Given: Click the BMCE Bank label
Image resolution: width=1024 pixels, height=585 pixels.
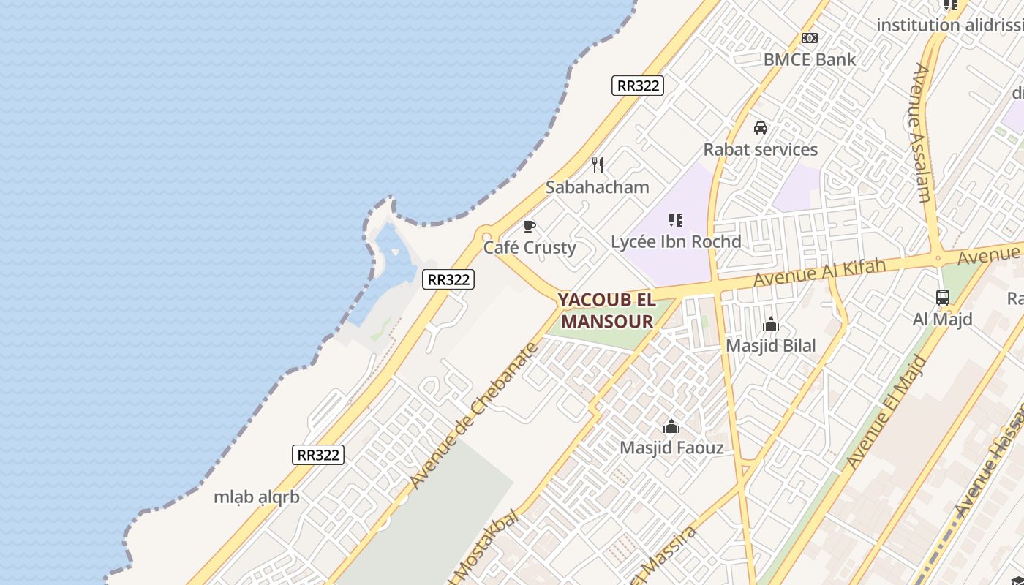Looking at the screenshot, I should click(x=809, y=59).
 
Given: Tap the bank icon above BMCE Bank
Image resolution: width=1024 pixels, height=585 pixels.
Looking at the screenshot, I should click(x=809, y=38).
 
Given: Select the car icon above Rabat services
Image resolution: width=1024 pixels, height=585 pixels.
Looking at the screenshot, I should click(x=761, y=128).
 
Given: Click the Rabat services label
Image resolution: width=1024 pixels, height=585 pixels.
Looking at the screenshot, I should click(x=761, y=150).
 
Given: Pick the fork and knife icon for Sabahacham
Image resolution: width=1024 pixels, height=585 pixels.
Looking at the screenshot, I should click(x=598, y=165).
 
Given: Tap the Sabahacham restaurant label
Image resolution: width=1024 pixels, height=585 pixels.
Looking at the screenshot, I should click(x=598, y=187).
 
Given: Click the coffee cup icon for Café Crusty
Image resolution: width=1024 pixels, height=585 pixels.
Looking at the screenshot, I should click(x=530, y=226).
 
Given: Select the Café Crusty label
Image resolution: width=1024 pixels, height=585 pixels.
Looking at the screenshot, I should click(x=530, y=247).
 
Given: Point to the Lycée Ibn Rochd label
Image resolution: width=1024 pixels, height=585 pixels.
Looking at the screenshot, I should click(x=676, y=241).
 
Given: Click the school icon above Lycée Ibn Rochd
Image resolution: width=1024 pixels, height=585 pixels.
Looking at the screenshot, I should click(x=676, y=219).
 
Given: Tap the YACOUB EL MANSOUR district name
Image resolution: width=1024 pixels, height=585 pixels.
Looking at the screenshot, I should click(x=607, y=311).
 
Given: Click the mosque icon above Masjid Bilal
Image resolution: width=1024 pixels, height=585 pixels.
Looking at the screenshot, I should click(x=770, y=325).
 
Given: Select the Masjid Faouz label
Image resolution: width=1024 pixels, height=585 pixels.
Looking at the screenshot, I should click(x=671, y=448).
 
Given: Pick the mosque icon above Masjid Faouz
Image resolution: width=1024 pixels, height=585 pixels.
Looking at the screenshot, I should click(x=671, y=426).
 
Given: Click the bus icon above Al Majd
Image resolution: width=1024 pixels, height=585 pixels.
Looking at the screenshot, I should click(x=943, y=298).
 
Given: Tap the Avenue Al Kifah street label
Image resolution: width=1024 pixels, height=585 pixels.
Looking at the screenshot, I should click(x=819, y=272).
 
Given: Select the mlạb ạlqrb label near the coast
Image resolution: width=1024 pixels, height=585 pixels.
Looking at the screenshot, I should click(x=257, y=497).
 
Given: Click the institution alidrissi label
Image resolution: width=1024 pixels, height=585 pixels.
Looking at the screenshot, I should click(x=949, y=25).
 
